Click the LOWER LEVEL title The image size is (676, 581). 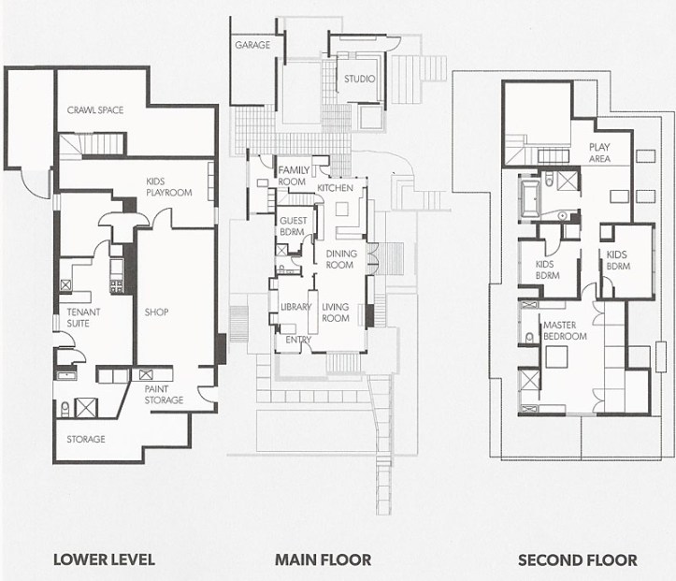coord(104,560)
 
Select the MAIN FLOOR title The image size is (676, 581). coord(323,560)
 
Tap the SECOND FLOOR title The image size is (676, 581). coord(578,560)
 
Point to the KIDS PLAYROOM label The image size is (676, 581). coord(168,186)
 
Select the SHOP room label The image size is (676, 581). coord(156,312)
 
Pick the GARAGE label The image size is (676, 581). coord(252,45)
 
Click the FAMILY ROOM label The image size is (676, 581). coord(293,175)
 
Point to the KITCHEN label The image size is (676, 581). coord(334,189)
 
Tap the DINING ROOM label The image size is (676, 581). coord(339,259)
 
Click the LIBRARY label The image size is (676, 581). coord(295,308)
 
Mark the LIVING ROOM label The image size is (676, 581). coord(335,312)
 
